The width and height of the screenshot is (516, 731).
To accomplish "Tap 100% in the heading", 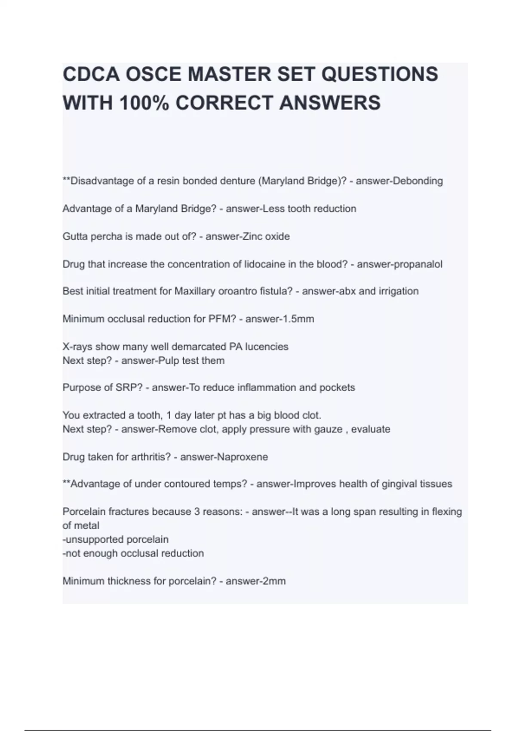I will (x=145, y=103).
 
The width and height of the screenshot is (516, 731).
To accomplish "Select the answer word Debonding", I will (x=418, y=181).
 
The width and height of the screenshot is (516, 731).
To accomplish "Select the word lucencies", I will (x=267, y=347).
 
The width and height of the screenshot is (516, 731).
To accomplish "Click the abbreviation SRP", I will (x=129, y=387).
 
